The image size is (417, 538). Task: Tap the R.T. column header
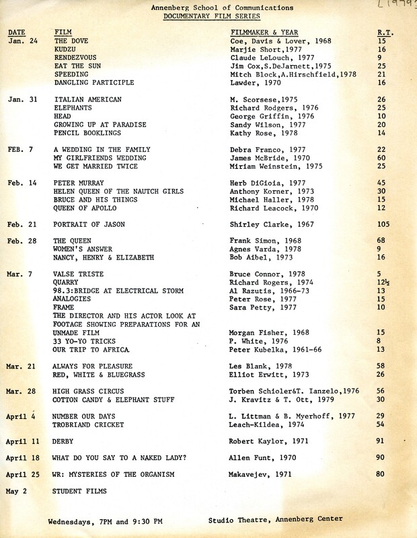click(385, 32)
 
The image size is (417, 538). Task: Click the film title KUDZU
click(66, 49)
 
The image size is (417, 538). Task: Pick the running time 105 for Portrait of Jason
click(385, 224)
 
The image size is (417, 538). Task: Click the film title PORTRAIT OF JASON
click(89, 224)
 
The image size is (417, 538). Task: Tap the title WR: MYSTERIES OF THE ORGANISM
click(114, 474)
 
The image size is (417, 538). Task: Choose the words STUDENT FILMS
click(80, 491)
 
